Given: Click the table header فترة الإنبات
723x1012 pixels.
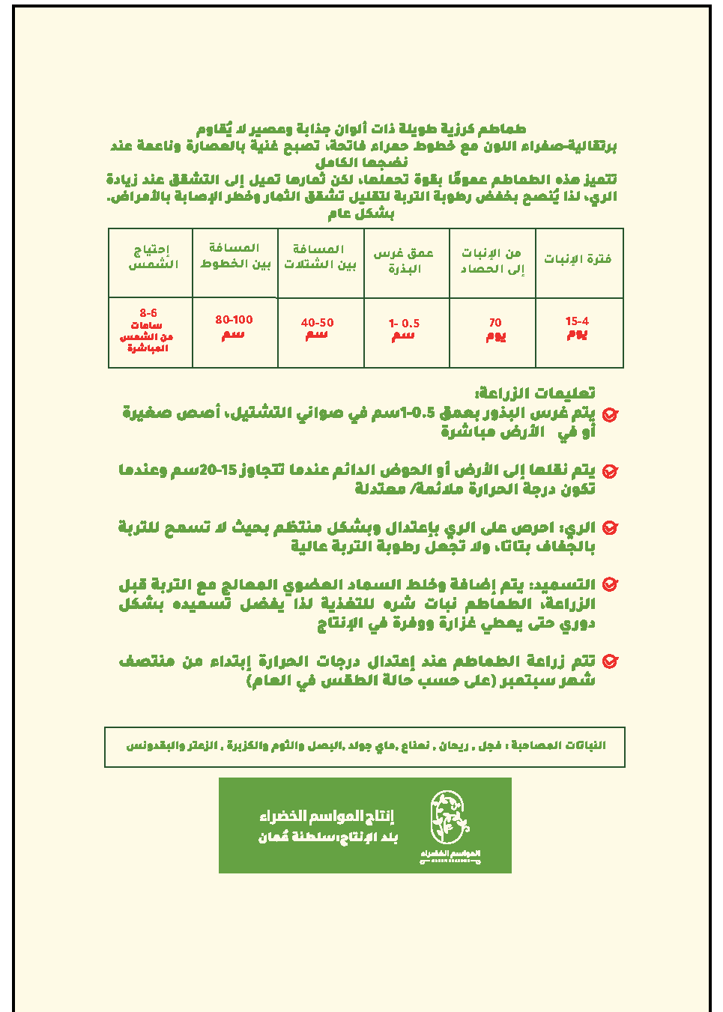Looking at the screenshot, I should tap(578, 259).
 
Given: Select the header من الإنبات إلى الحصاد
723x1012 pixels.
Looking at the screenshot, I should tap(492, 261).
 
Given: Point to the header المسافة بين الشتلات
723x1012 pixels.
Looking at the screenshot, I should tap(320, 256).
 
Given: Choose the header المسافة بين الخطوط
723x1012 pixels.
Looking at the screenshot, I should tap(235, 255).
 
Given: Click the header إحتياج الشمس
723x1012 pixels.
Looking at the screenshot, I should tap(153, 257).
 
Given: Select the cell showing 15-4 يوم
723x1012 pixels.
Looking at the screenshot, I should tap(577, 327).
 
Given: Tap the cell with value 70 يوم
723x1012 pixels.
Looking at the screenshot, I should tap(495, 329).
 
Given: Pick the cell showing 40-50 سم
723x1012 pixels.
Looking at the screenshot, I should tap(317, 328).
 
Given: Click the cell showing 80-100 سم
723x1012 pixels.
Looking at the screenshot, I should tap(234, 327).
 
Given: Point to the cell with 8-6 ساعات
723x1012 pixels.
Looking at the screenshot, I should tap(148, 330).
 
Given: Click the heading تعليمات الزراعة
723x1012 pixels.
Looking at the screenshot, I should tap(535, 393).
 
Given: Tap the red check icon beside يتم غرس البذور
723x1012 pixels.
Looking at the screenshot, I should tap(610, 414).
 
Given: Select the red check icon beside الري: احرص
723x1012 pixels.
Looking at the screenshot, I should tap(610, 528).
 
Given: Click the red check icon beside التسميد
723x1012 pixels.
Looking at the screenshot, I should tap(610, 584).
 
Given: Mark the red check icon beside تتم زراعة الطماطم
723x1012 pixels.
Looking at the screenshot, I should tap(610, 661).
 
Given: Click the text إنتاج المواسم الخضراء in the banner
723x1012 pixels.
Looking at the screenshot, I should tap(327, 816).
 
